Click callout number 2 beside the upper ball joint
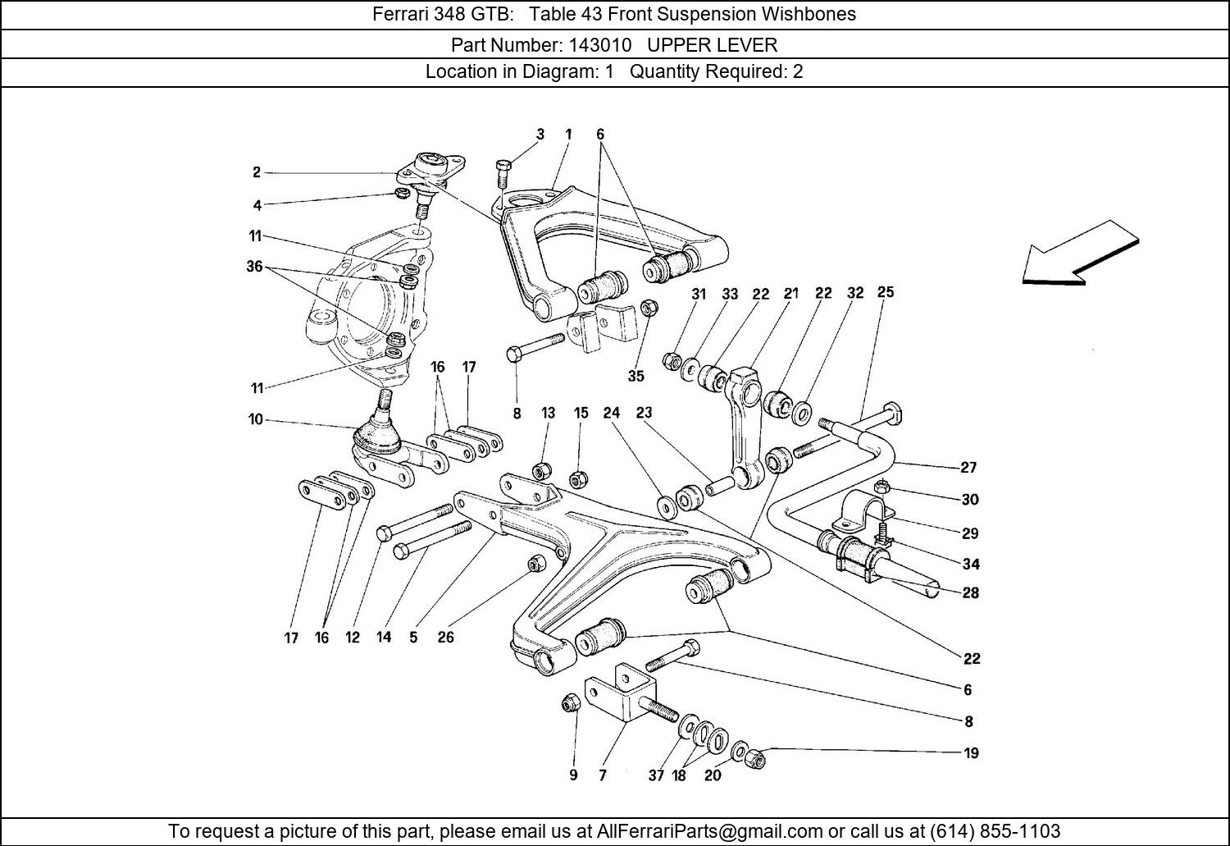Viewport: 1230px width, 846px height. [x=257, y=172]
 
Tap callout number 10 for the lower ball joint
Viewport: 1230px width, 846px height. [x=256, y=419]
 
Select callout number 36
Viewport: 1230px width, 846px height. [x=254, y=266]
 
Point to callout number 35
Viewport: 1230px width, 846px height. [x=636, y=376]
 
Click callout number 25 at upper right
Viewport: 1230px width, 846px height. [x=886, y=292]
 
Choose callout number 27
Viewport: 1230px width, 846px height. [x=969, y=467]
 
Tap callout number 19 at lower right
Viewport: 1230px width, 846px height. [x=971, y=752]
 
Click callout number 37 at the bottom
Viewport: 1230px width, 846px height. [x=656, y=775]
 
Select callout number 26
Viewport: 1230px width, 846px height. [x=445, y=637]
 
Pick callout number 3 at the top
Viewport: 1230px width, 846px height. [x=540, y=134]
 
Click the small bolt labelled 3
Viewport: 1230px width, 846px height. [x=503, y=175]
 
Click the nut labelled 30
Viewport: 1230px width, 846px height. [x=880, y=486]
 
